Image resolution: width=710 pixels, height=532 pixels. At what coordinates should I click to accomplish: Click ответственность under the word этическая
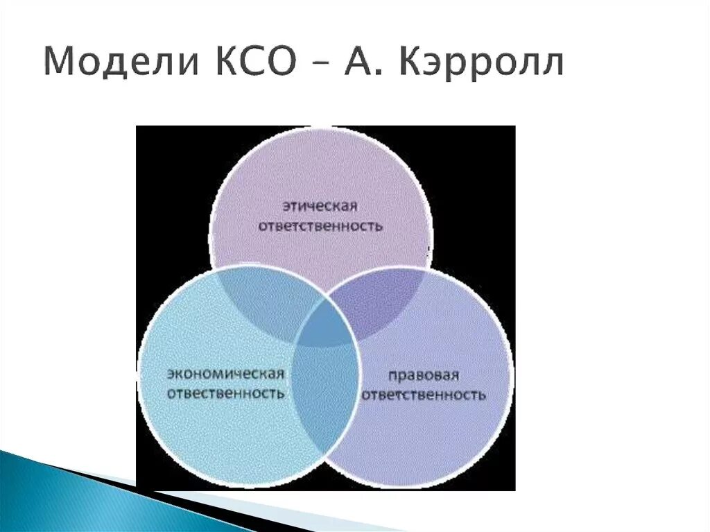(320, 226)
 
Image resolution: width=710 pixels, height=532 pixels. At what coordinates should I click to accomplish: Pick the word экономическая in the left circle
(225, 374)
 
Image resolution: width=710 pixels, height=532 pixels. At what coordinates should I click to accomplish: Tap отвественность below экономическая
(225, 393)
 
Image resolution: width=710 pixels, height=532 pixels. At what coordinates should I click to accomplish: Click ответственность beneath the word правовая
(423, 395)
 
